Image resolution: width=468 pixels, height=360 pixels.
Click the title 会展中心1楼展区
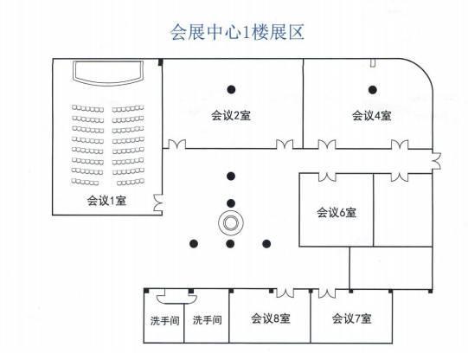237,32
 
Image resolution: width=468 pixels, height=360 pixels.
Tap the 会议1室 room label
106,200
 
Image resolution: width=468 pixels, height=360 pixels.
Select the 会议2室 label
231,115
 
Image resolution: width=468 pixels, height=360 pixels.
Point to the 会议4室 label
372,115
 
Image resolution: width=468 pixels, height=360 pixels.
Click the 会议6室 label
337,213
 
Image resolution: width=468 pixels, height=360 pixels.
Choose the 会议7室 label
352,318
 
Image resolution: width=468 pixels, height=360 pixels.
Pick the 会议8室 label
271,318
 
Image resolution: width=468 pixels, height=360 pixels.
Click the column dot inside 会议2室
231,89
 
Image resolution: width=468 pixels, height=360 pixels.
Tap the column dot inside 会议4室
372,89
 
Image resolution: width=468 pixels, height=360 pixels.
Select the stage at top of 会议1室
108,73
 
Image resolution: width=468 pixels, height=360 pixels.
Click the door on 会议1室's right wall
158,203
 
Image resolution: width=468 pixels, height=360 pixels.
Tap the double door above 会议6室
327,177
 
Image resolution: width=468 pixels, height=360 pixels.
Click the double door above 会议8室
285,293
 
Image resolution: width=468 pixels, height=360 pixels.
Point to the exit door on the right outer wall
436,161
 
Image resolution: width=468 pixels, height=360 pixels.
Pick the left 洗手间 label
164,320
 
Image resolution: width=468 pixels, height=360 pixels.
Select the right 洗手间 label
207,320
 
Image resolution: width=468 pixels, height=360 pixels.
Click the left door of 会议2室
177,144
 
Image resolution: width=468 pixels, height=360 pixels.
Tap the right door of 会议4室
400,145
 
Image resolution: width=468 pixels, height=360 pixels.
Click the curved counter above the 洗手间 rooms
176,299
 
